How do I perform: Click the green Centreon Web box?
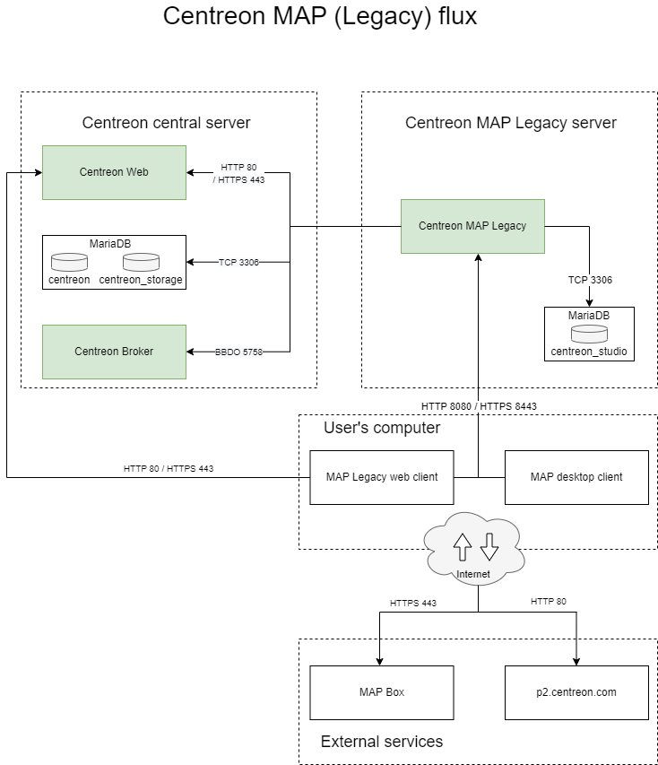tap(114, 172)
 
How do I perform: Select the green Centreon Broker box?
tap(114, 352)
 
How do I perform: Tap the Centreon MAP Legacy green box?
tap(472, 226)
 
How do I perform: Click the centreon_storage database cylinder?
tap(141, 263)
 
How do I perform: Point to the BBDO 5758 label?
tap(238, 352)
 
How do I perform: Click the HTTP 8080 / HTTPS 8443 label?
tap(479, 405)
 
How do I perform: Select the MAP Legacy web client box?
tap(382, 477)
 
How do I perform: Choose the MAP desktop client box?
tap(576, 477)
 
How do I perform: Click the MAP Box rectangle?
tap(382, 692)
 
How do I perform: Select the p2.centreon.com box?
tap(576, 692)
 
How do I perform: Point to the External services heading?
tap(382, 742)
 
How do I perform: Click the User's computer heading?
tap(382, 428)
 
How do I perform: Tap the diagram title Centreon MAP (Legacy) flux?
tap(320, 17)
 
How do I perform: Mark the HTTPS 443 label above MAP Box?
tap(412, 603)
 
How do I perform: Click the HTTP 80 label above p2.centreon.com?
tap(548, 601)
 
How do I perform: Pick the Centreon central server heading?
tap(166, 123)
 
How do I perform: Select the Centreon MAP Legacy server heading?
tap(511, 123)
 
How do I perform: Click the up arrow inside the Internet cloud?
tap(463, 544)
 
